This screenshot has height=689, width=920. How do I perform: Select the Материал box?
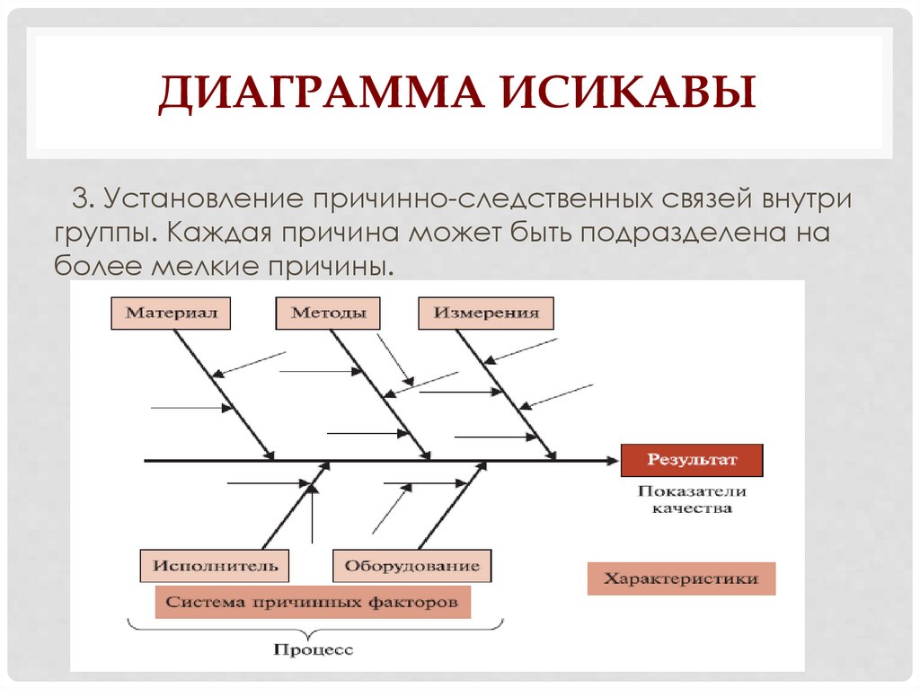[170, 314]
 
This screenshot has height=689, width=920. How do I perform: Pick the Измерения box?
[486, 314]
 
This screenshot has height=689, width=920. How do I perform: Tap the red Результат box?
[692, 460]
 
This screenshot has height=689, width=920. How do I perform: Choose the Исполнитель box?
[215, 566]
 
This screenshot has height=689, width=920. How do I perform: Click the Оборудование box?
[412, 566]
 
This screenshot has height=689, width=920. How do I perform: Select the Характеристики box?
[680, 579]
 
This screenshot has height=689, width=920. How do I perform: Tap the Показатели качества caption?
[692, 499]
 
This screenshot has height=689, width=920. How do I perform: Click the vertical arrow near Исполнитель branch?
[312, 517]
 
